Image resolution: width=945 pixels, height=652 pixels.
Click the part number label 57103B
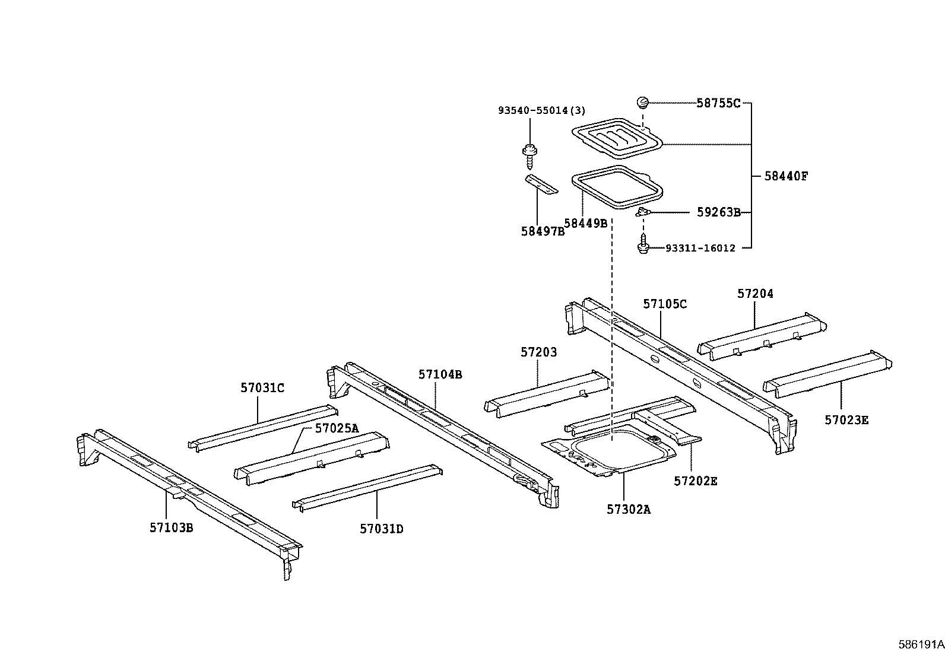[x=171, y=527]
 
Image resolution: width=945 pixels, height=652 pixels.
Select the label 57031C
[x=262, y=388]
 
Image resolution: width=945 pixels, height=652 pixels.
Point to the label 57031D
[x=381, y=529]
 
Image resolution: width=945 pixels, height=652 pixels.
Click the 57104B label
[x=440, y=374]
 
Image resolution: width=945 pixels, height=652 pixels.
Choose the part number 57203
[x=538, y=352]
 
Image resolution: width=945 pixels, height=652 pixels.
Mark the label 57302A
[x=629, y=509]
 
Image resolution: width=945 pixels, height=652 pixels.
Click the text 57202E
[x=695, y=481]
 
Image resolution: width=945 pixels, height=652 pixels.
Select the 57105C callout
[x=665, y=304]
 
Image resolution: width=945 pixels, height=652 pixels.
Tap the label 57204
[x=755, y=294]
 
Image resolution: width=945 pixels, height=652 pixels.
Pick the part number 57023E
[x=846, y=420]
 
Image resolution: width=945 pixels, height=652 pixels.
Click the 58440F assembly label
[x=786, y=176]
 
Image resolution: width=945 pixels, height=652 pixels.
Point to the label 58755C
[x=718, y=103]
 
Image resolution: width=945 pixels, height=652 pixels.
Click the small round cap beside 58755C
[x=642, y=103]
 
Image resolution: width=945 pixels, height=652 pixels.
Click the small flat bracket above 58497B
[x=541, y=184]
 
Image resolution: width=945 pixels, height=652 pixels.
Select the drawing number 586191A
[x=920, y=644]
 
